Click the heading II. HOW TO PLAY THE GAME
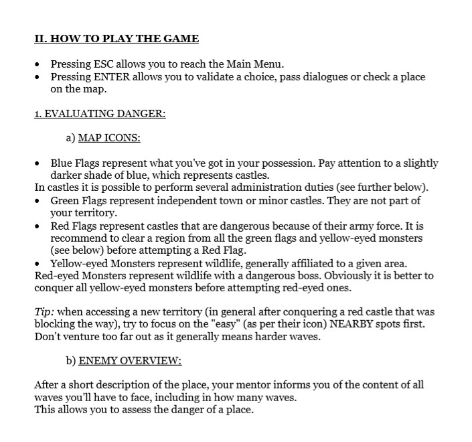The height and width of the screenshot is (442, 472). click(x=116, y=38)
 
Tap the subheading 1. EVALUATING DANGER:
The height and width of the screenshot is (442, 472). click(x=100, y=114)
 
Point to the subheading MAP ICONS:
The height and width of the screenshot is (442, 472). click(x=109, y=138)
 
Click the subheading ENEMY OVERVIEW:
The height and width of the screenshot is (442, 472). click(x=130, y=360)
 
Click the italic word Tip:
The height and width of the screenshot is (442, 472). click(x=45, y=311)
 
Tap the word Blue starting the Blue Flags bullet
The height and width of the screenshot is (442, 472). click(x=62, y=163)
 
